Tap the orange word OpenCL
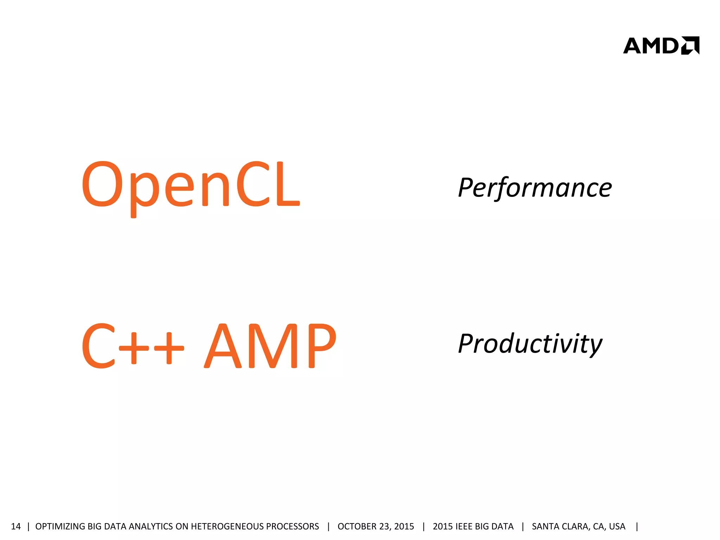pyautogui.click(x=191, y=184)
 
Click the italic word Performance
pyautogui.click(x=535, y=188)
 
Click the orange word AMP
pyautogui.click(x=270, y=345)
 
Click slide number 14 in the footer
pyautogui.click(x=16, y=526)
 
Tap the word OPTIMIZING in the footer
pyautogui.click(x=60, y=526)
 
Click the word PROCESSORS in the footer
pyautogui.click(x=292, y=526)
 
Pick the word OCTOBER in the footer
pyautogui.click(x=357, y=526)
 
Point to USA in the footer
pyautogui.click(x=617, y=526)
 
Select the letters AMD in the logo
pyautogui.click(x=651, y=46)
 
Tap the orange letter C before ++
pyautogui.click(x=99, y=346)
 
